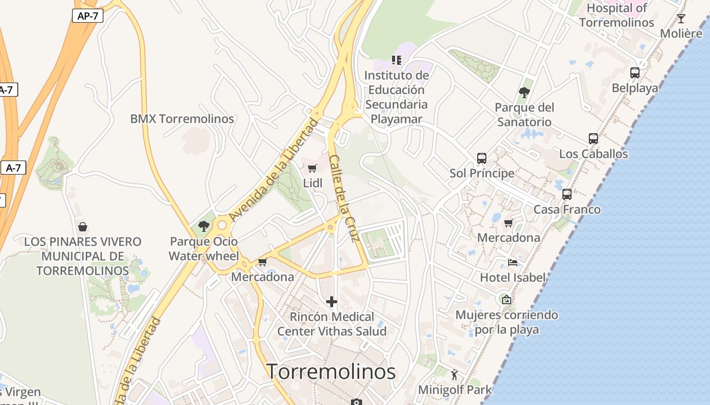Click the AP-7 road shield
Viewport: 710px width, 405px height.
pos(87,16)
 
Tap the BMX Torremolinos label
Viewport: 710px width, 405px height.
pos(182,119)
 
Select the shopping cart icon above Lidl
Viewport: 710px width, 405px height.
pos(312,169)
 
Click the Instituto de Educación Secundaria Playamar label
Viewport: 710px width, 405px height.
pos(397,97)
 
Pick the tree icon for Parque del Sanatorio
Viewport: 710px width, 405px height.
pos(524,93)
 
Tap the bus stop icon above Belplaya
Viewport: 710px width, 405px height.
pos(635,73)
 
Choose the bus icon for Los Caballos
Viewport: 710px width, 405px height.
pos(593,139)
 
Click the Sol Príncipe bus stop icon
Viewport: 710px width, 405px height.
pos(482,158)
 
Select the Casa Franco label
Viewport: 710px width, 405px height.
pos(567,210)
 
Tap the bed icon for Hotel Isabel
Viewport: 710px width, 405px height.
pos(513,263)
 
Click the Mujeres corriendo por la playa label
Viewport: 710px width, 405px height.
pos(507,322)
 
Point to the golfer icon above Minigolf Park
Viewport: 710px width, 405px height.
pos(454,375)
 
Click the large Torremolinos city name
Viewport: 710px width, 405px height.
pos(331,372)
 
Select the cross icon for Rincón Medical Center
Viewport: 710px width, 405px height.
pos(332,302)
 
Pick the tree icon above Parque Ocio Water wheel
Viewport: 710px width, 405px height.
pos(204,226)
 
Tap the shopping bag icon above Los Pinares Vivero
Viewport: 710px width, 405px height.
pos(82,227)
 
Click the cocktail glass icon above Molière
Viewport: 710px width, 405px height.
pos(681,19)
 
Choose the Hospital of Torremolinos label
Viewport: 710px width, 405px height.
pos(617,15)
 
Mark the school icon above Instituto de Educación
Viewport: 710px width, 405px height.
pos(397,60)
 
